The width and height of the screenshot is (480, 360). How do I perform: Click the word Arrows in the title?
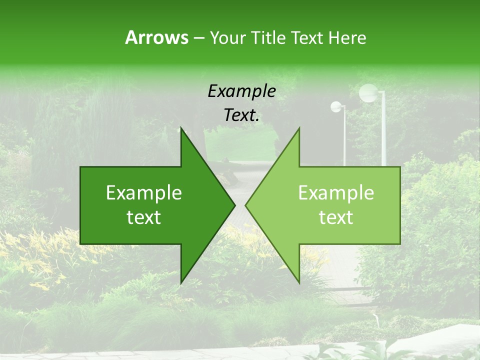pyautogui.click(x=156, y=37)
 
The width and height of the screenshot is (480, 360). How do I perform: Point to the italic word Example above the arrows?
pyautogui.click(x=241, y=91)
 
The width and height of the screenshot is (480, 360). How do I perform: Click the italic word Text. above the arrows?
pyautogui.click(x=241, y=115)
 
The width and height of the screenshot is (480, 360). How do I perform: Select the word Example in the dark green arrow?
pyautogui.click(x=144, y=192)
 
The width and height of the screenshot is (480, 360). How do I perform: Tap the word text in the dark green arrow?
pyautogui.click(x=144, y=217)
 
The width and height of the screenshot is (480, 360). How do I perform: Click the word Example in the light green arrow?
pyautogui.click(x=336, y=192)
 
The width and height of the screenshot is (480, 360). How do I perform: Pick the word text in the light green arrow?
pyautogui.click(x=336, y=217)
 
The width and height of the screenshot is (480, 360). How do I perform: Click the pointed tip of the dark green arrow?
pyautogui.click(x=234, y=205)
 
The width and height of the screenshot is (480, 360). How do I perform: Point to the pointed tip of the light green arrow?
pyautogui.click(x=246, y=205)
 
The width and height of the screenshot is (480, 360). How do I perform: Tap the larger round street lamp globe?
pyautogui.click(x=369, y=92)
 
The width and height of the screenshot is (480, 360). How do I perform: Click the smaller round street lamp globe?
pyautogui.click(x=336, y=106)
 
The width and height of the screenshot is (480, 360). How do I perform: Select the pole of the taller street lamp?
pyautogui.click(x=383, y=135)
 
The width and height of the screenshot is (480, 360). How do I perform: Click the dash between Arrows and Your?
pyautogui.click(x=198, y=38)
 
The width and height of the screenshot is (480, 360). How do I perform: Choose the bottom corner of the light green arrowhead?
pyautogui.click(x=299, y=282)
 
